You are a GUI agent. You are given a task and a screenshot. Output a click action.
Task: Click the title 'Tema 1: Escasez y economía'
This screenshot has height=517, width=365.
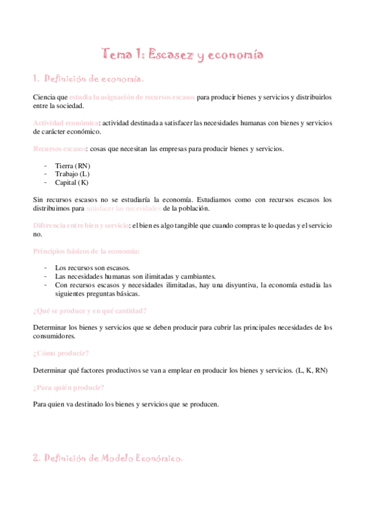pyautogui.click(x=182, y=55)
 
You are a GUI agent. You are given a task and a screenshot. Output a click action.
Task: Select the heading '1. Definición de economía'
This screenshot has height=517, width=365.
pyautogui.click(x=88, y=79)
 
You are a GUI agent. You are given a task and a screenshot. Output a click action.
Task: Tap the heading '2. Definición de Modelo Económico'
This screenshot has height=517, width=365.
pyautogui.click(x=107, y=458)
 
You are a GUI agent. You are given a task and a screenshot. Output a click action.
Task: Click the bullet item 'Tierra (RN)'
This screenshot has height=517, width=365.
pyautogui.click(x=73, y=165)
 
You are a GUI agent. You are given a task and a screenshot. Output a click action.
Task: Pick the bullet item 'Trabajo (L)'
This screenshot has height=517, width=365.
pyautogui.click(x=72, y=174)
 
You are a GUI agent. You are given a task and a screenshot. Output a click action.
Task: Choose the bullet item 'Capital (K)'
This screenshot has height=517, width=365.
pyautogui.click(x=71, y=182)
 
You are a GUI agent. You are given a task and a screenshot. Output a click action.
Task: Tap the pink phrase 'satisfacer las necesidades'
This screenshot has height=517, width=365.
pyautogui.click(x=124, y=209)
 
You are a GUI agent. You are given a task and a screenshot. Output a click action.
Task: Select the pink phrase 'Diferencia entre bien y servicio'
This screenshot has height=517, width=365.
pyautogui.click(x=80, y=226)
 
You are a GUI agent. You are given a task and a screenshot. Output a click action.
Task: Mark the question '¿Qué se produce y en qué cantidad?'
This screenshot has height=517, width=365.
pyautogui.click(x=90, y=310)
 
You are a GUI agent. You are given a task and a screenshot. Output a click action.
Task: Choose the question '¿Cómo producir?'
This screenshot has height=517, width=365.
pyautogui.click(x=61, y=353)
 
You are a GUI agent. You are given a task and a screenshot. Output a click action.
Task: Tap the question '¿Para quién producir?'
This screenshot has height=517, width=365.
pyautogui.click(x=68, y=387)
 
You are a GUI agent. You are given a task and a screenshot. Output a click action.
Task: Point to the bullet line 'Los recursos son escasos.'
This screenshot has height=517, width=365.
pyautogui.click(x=92, y=267)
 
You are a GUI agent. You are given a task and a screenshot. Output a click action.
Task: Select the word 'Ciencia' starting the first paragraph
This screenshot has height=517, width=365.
pyautogui.click(x=44, y=98)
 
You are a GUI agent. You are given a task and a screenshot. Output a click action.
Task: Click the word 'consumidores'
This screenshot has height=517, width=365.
pyautogui.click(x=55, y=336)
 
